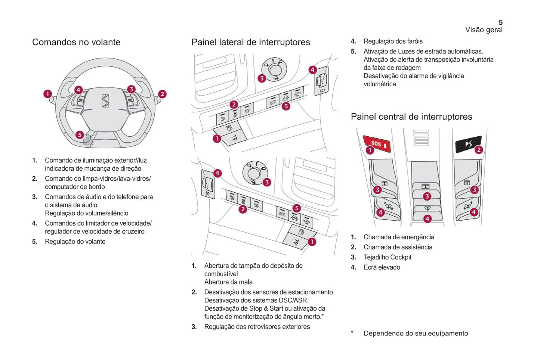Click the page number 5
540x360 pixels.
tap(500, 22)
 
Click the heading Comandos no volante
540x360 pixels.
tap(76, 42)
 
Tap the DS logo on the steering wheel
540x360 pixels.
tap(105, 101)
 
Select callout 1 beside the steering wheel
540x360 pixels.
tap(47, 94)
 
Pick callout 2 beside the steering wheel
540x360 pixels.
tap(162, 94)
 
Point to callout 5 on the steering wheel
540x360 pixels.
tap(79, 135)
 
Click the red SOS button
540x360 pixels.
tap(376, 144)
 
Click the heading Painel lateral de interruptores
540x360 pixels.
tap(250, 42)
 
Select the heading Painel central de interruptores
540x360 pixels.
tap(411, 117)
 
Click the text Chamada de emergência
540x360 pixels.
tap(399, 237)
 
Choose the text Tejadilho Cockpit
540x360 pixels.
tap(387, 257)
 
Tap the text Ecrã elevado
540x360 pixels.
tap(382, 267)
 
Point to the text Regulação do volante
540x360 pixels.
tap(75, 242)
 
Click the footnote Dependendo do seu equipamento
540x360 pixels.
tap(416, 333)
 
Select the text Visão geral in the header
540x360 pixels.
tap(484, 30)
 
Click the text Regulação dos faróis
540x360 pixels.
tap(393, 41)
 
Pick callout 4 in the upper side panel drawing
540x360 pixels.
tap(312, 69)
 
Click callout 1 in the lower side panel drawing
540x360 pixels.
tap(312, 242)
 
